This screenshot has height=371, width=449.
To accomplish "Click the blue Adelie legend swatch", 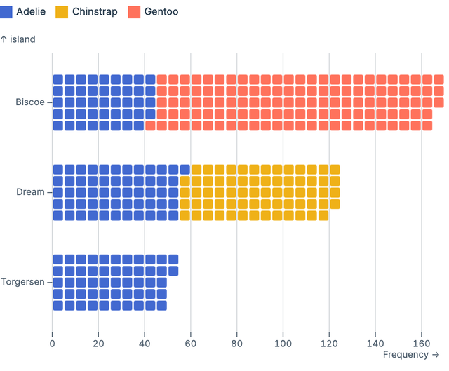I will (6, 12).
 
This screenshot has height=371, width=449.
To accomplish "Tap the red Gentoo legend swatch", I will (134, 12).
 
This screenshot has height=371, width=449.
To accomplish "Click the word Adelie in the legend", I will (32, 12).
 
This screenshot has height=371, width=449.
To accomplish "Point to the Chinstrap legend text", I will (95, 12).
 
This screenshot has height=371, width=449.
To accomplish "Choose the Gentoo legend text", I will (161, 12).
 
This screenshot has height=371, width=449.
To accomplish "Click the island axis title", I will (18, 39).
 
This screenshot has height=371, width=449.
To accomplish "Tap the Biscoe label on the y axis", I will (30, 102).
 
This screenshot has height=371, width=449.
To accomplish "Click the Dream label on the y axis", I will (30, 192).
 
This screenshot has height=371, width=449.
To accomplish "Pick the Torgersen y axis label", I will (22, 282).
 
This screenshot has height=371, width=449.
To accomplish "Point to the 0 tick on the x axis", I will (53, 344).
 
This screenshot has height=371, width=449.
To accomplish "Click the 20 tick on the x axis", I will (98, 344).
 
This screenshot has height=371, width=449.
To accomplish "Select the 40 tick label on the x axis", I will (145, 344).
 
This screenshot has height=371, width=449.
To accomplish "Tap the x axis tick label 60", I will (191, 344).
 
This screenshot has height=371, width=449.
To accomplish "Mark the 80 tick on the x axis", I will (236, 344).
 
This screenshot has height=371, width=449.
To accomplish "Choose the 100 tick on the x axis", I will (283, 344).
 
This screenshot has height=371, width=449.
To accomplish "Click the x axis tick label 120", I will (329, 344).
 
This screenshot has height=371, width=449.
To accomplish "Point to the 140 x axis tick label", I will (375, 344).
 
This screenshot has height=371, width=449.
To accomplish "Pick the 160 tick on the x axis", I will (421, 344).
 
